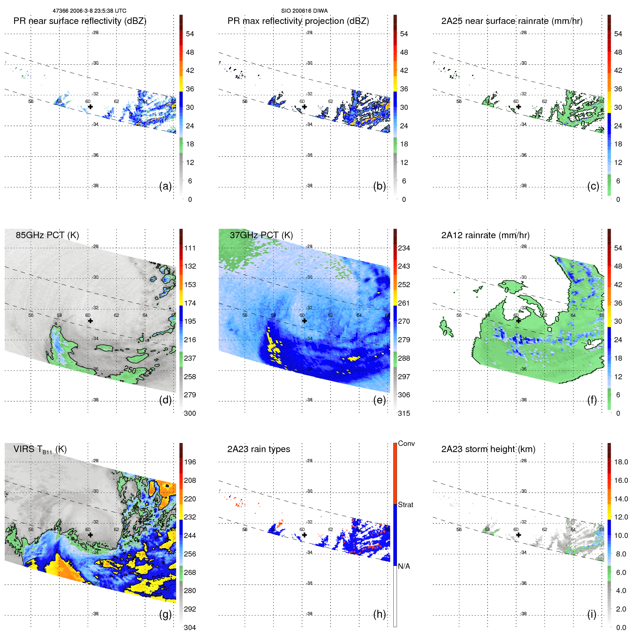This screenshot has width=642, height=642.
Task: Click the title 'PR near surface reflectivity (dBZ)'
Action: [80, 21]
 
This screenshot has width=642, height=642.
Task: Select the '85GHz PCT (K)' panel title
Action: [47, 235]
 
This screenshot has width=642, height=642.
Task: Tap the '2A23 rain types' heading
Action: [258, 449]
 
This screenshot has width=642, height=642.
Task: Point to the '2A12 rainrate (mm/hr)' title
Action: [485, 235]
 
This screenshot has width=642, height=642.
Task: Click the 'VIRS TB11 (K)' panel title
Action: [40, 450]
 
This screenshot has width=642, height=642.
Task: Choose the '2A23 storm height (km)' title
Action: [488, 449]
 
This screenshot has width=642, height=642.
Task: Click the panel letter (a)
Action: [165, 186]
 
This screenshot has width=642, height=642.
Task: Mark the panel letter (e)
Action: [380, 400]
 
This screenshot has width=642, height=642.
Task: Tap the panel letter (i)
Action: [592, 614]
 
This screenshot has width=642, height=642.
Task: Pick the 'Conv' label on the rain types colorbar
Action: [406, 443]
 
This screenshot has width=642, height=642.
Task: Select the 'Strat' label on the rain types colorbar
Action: [405, 505]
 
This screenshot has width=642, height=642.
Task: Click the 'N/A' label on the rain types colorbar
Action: [404, 566]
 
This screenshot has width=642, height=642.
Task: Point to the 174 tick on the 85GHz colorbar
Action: [190, 303]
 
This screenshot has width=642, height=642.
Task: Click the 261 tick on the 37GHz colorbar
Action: [404, 303]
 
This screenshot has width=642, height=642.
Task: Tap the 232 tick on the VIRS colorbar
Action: [190, 517]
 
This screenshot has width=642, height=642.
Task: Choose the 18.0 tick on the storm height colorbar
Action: [621, 462]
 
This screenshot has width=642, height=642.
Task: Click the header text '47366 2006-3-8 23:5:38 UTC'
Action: [90, 11]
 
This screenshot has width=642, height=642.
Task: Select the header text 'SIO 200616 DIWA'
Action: [304, 11]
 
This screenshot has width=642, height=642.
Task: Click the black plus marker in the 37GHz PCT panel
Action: [305, 321]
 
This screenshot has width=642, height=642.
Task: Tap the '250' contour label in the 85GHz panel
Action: [130, 370]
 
